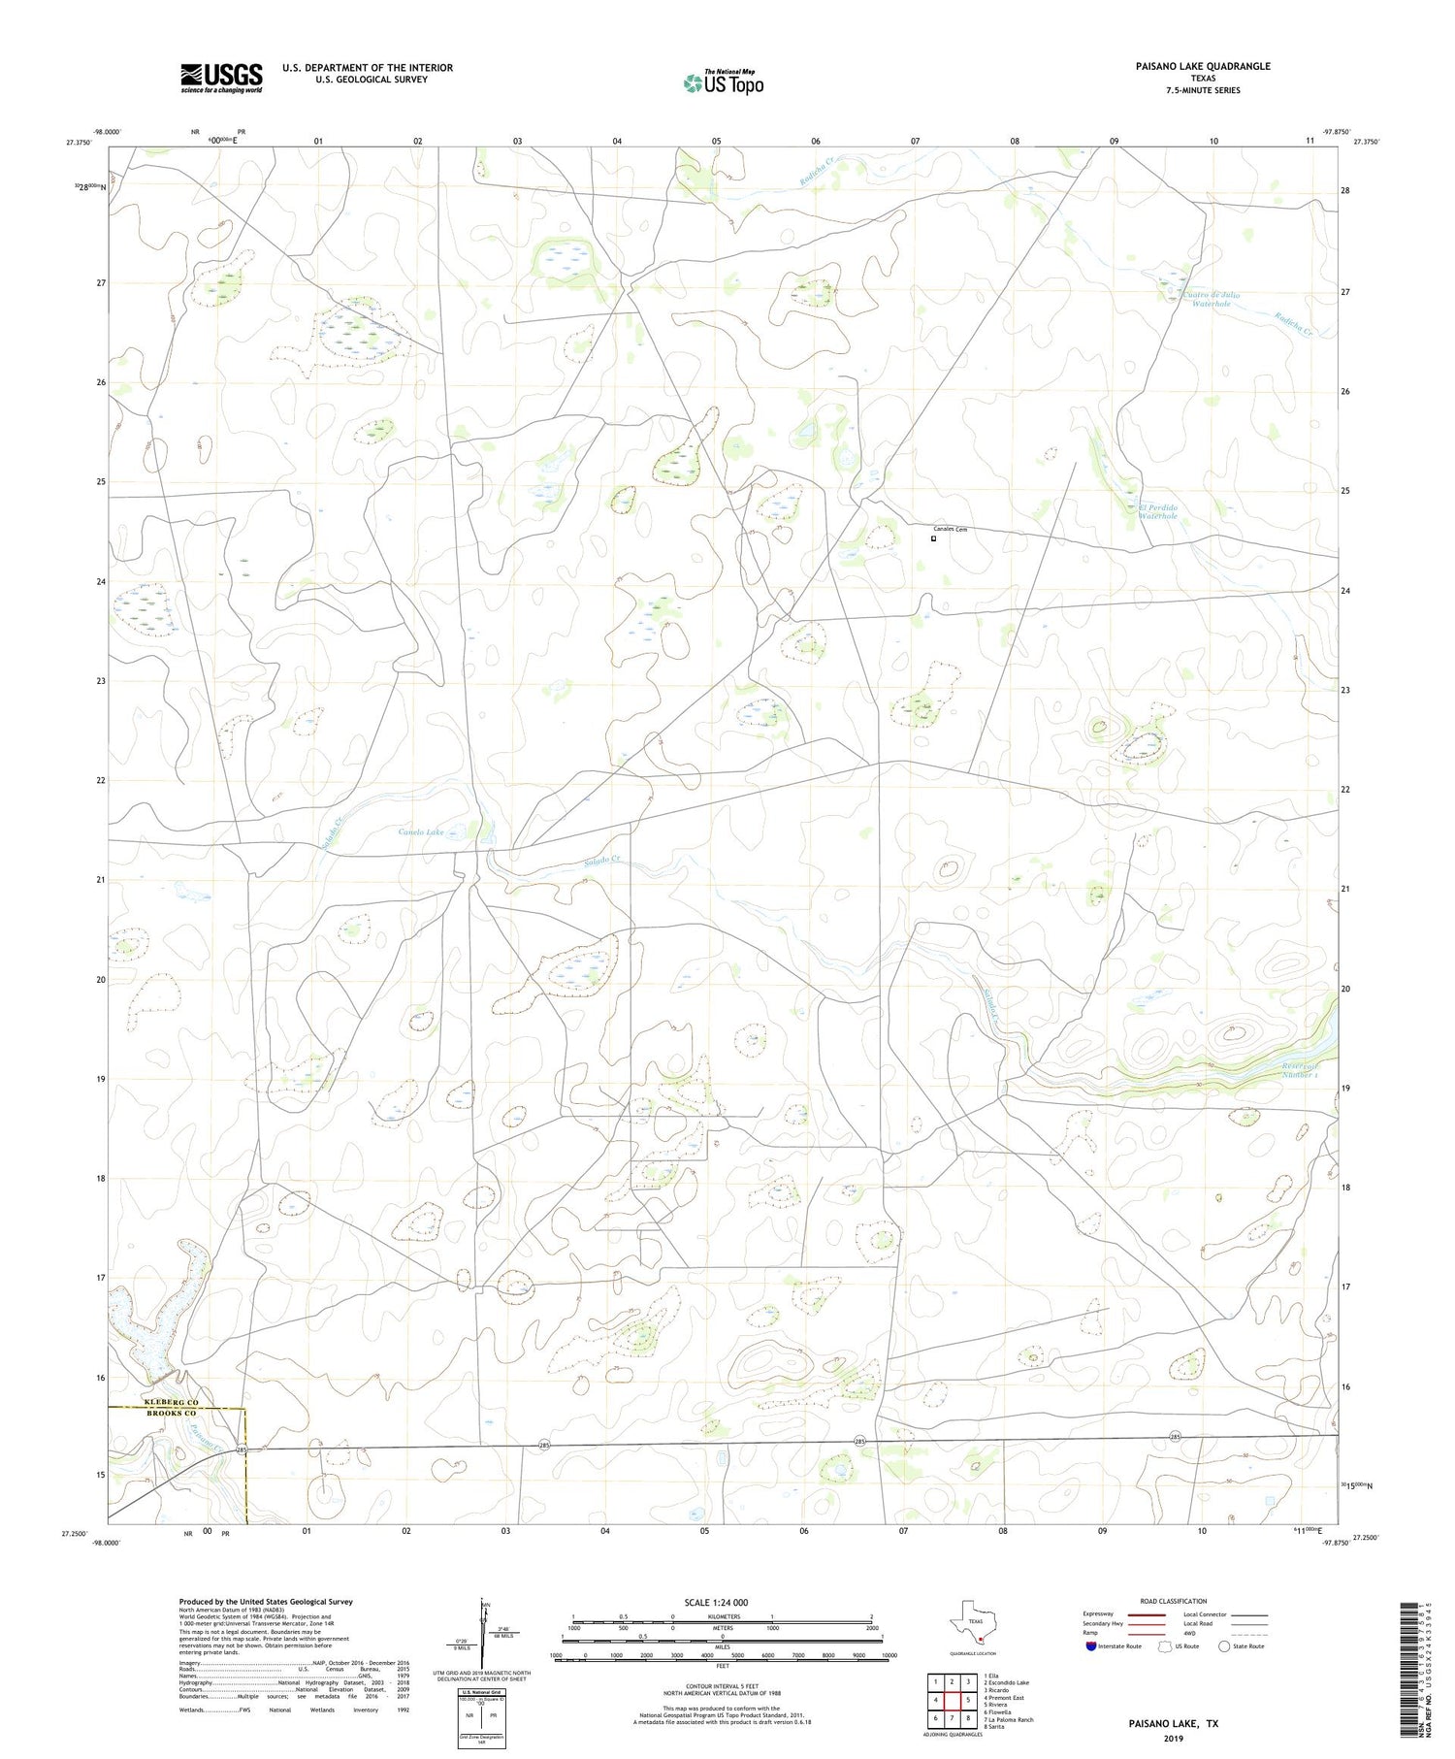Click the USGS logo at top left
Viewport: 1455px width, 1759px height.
(x=221, y=78)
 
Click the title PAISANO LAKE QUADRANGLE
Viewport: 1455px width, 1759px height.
(x=1203, y=66)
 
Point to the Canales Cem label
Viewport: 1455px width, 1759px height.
(x=951, y=529)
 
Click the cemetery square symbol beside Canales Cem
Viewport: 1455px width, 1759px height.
(x=934, y=538)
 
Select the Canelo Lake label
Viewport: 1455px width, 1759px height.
(x=422, y=831)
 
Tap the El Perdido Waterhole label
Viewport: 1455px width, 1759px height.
(x=1158, y=511)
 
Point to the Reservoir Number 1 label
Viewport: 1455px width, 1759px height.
(x=1300, y=1069)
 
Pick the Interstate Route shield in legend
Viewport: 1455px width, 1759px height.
(x=1091, y=1646)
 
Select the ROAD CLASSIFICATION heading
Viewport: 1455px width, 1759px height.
(x=1174, y=1601)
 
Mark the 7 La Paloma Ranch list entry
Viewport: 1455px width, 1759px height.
(x=1008, y=1719)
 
